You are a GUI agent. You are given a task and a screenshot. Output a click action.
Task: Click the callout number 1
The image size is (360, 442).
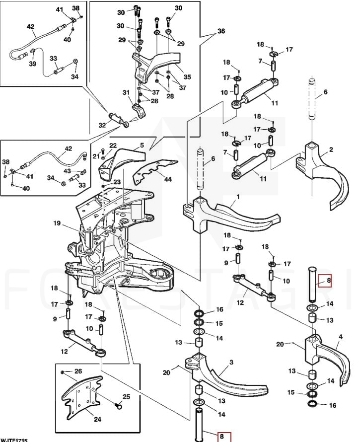click(237, 197)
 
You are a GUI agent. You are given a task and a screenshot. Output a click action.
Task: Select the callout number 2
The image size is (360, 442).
click(331, 149)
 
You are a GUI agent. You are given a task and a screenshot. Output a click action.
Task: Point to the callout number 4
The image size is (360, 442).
click(341, 337)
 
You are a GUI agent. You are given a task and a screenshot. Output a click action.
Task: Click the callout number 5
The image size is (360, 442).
click(142, 146)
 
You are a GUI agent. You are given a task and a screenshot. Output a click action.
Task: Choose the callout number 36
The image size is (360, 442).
click(221, 31)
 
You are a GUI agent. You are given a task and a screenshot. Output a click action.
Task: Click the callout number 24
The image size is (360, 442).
click(97, 419)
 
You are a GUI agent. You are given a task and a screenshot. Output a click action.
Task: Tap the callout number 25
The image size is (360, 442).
click(126, 396)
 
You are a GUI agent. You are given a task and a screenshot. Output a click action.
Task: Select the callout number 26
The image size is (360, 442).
click(78, 371)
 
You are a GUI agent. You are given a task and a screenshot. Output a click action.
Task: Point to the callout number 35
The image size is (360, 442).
click(187, 77)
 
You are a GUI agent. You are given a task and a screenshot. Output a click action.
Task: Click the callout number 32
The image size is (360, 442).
click(102, 125)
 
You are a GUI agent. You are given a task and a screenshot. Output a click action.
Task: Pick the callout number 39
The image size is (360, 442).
click(33, 65)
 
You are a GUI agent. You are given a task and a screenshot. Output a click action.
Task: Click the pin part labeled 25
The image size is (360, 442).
click(119, 406)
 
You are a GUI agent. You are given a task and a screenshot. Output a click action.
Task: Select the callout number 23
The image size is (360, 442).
click(117, 182)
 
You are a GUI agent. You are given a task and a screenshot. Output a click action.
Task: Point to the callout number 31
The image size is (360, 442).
click(126, 92)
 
